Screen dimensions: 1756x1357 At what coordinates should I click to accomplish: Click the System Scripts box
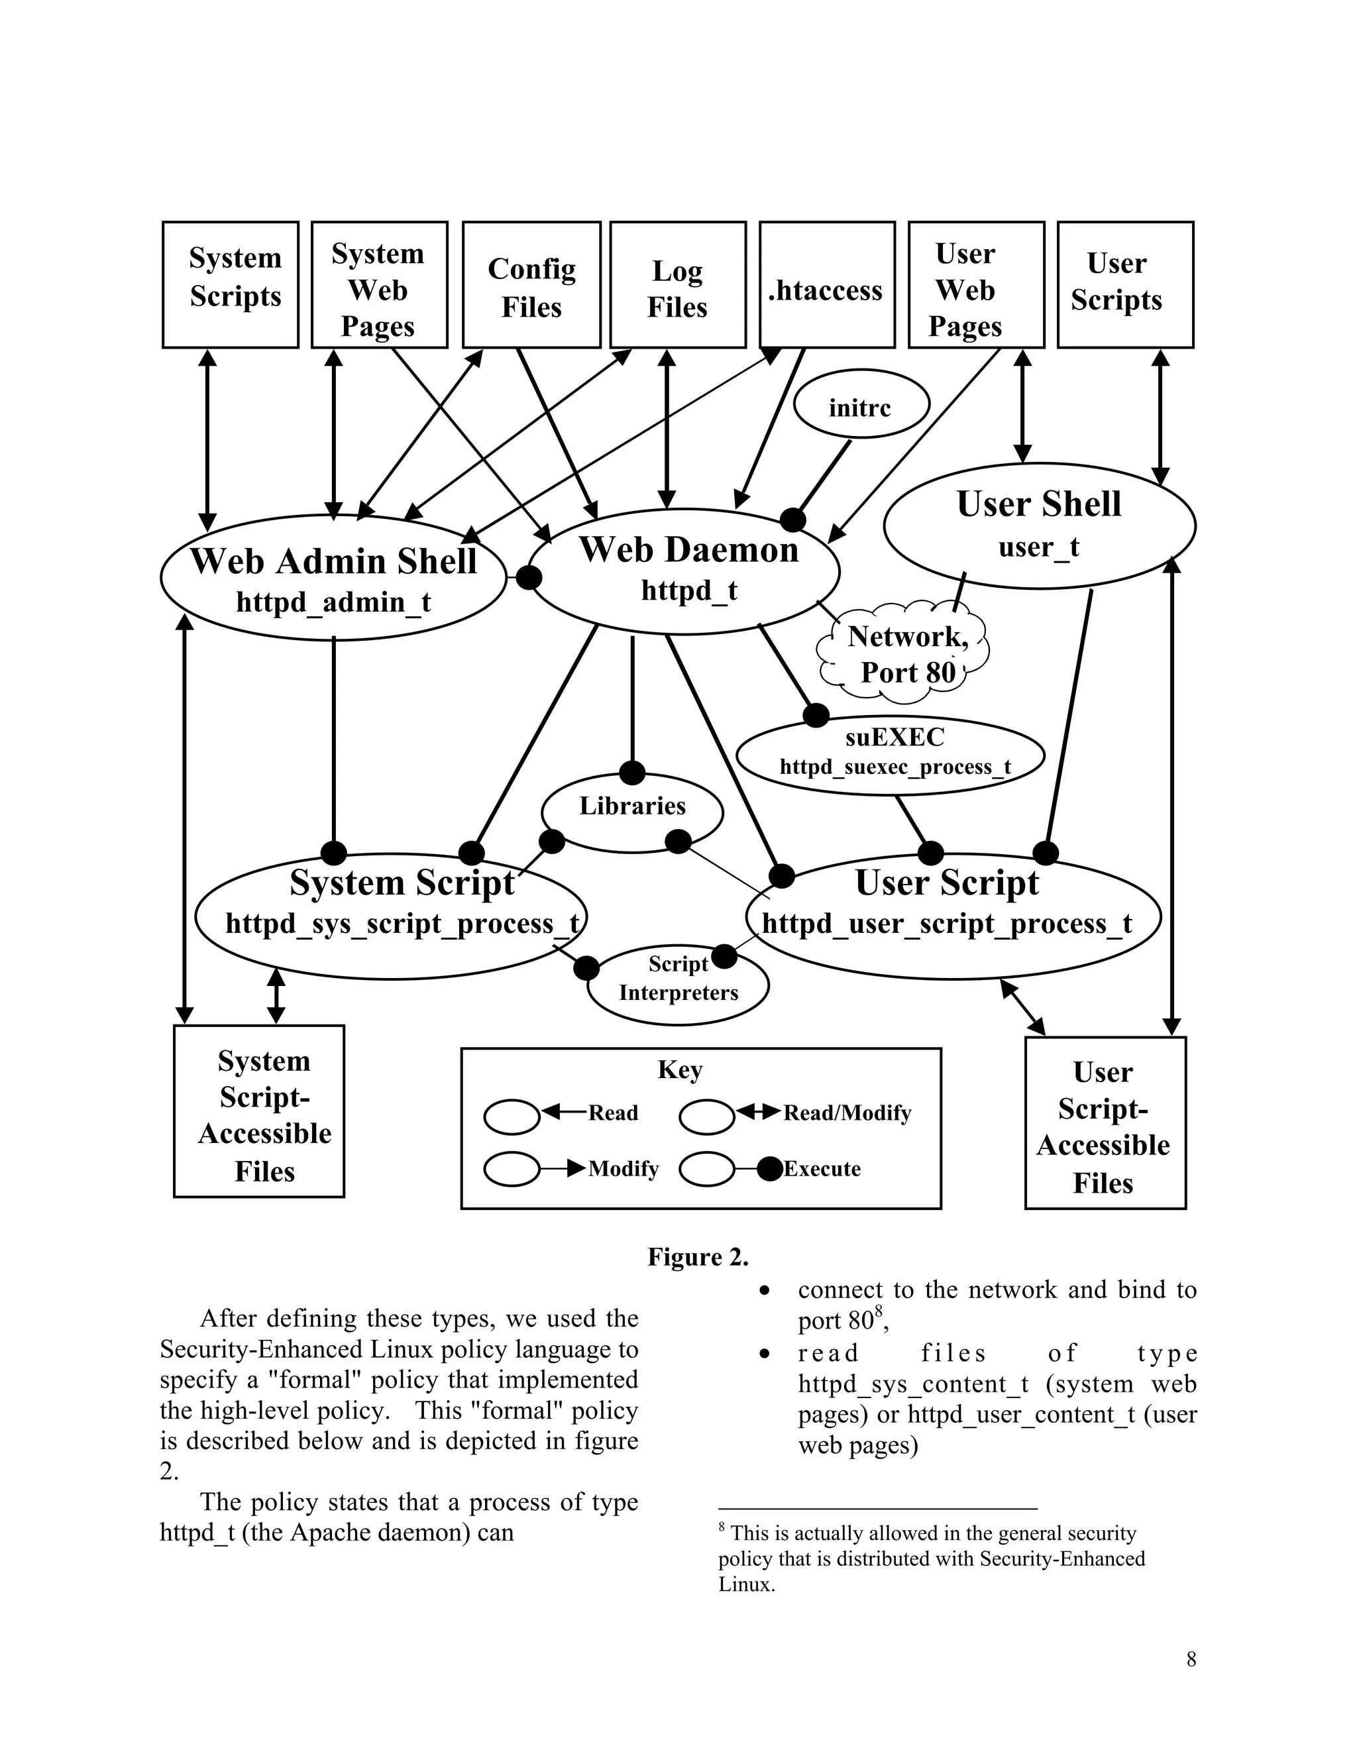point(231,285)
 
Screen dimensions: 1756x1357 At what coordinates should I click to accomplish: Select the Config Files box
point(531,285)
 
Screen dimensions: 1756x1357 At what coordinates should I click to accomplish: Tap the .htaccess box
point(826,285)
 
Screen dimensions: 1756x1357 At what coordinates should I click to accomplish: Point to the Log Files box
point(678,285)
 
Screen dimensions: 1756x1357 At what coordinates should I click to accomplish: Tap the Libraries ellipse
point(632,812)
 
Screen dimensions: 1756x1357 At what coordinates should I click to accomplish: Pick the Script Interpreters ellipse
point(678,985)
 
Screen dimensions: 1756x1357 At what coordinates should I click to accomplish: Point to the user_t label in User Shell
point(1039,547)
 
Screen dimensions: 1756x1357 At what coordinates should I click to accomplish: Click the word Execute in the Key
point(822,1168)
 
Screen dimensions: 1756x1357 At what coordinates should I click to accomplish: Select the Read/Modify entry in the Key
point(847,1113)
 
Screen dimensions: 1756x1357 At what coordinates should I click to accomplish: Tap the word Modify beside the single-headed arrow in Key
point(623,1168)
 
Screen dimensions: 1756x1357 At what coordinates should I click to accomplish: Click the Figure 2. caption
point(698,1256)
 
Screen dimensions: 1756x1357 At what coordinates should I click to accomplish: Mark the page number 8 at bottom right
point(1191,1659)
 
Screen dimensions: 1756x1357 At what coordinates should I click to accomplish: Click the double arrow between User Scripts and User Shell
point(1160,417)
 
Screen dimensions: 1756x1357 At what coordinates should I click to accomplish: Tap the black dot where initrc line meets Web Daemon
point(792,520)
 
